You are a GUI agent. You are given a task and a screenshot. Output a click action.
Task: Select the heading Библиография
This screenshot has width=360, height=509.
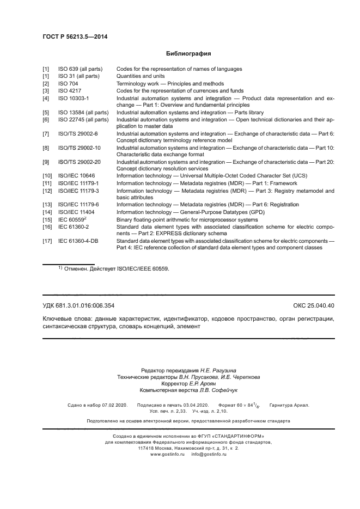point(188,54)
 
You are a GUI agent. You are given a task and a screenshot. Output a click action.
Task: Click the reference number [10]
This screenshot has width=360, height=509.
point(47,176)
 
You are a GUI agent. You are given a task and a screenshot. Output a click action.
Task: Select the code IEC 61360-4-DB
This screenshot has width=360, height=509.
point(80,241)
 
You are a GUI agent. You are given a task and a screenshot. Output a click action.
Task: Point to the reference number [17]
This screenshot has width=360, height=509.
point(47,241)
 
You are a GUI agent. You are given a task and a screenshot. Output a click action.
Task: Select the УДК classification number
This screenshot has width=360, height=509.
point(78,305)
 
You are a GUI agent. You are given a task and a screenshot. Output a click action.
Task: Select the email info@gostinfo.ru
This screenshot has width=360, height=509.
point(209,454)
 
